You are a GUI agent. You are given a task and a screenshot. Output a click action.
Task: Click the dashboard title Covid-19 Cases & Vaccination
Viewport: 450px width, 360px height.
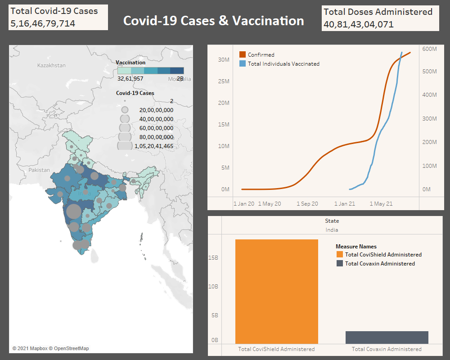[213, 21]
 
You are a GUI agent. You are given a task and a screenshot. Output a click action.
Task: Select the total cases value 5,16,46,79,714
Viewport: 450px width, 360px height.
[43, 23]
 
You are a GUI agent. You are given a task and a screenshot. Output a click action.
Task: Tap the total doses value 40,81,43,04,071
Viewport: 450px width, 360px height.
[358, 24]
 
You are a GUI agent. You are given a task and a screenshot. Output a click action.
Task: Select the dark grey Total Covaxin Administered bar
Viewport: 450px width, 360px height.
[387, 337]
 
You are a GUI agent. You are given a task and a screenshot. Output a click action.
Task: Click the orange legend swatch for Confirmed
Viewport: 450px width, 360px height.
[243, 54]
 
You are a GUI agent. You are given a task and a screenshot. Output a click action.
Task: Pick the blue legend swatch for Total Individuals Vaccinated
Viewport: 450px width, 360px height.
[243, 64]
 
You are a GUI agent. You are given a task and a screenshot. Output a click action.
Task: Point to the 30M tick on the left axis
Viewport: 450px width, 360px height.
[224, 59]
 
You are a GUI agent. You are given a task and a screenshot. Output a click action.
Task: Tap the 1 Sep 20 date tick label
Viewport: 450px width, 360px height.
[307, 204]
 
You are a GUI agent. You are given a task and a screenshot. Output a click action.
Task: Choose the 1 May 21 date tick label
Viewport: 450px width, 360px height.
[381, 204]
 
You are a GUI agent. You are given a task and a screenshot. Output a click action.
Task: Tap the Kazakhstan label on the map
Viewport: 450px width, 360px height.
[51, 65]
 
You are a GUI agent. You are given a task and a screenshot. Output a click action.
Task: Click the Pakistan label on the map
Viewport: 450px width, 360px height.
[39, 170]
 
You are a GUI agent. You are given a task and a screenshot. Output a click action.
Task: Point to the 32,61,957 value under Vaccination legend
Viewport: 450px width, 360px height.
[130, 79]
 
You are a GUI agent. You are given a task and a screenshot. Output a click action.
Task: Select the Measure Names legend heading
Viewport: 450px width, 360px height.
[356, 247]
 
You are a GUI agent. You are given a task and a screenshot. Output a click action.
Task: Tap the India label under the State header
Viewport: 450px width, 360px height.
[332, 230]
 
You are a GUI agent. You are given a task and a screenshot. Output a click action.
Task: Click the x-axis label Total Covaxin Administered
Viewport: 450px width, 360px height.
[387, 349]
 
